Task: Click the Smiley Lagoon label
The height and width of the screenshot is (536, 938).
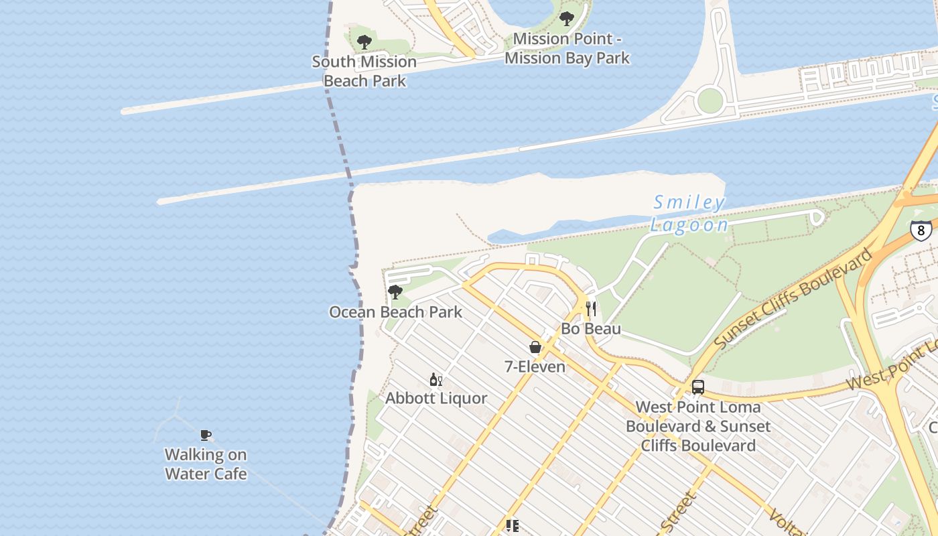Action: point(689,214)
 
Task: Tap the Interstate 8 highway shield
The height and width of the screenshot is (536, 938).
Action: point(921,230)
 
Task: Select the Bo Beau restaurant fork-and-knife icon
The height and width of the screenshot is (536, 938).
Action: point(591,309)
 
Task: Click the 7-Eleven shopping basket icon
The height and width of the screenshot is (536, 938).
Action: point(535,347)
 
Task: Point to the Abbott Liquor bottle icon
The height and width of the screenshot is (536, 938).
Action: point(435,379)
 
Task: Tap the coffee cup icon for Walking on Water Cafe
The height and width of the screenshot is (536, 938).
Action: point(206,435)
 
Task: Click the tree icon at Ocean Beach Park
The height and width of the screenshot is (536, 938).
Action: point(395,292)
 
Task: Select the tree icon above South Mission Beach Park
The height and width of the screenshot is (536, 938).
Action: point(364,42)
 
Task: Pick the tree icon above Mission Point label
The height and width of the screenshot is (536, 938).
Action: point(567,19)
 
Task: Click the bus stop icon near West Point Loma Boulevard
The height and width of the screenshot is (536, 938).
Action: point(698,387)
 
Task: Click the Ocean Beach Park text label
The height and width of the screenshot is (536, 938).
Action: point(395,312)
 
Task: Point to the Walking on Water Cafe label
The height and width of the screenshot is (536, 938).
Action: point(206,464)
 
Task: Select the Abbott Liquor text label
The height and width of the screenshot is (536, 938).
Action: point(436,399)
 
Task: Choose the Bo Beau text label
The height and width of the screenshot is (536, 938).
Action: point(591,329)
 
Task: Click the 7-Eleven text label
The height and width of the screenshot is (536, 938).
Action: point(535,367)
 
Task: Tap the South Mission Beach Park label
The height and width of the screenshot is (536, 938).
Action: point(364,71)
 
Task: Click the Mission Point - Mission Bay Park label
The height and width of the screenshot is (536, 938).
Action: point(567,48)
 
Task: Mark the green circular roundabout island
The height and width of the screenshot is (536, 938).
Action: point(710,101)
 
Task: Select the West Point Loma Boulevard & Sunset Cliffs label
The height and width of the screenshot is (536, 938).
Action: point(698,426)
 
